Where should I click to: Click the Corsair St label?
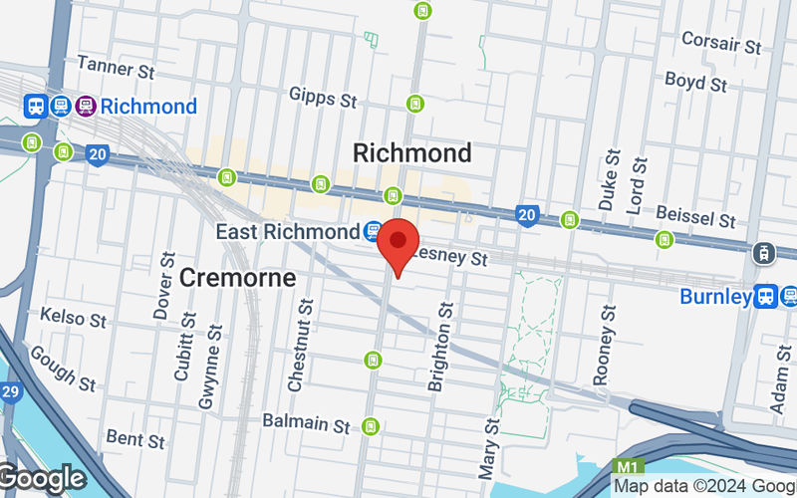click(721, 41)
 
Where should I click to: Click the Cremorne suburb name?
click(238, 278)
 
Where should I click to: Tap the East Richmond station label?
click(288, 232)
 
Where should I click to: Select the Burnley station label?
click(715, 296)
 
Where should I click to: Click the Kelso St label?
click(73, 320)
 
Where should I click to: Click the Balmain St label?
click(306, 423)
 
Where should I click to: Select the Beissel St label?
click(696, 218)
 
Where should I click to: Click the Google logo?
click(42, 479)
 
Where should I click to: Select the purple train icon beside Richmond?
click(85, 106)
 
